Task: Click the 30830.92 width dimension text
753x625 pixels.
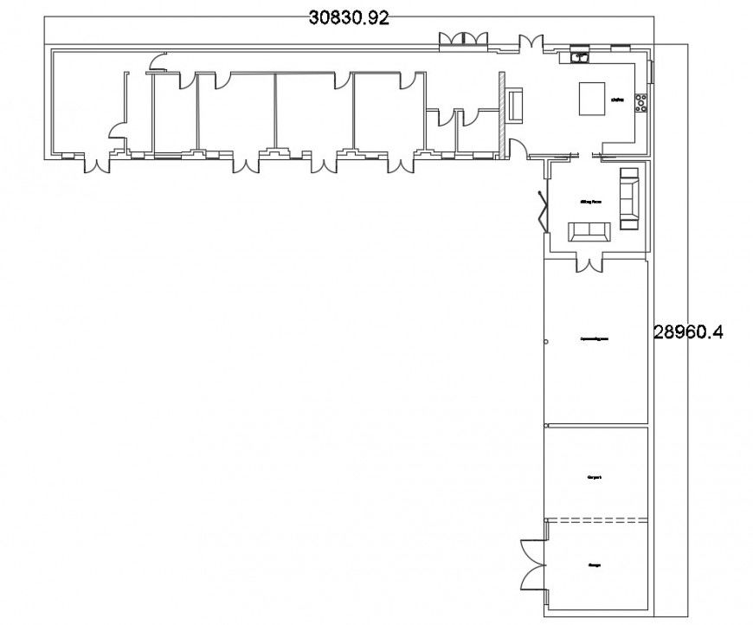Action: point(349,17)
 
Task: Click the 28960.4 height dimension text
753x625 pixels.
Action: point(687,331)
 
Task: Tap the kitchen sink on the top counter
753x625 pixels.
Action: point(580,57)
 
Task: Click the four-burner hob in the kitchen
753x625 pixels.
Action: point(641,102)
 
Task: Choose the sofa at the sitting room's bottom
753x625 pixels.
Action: point(589,230)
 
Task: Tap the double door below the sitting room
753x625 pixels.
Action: point(590,262)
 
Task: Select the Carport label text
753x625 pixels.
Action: point(594,477)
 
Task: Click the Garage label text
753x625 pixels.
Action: point(595,565)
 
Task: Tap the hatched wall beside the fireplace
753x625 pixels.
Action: point(500,116)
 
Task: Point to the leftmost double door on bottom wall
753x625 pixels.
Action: point(96,162)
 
